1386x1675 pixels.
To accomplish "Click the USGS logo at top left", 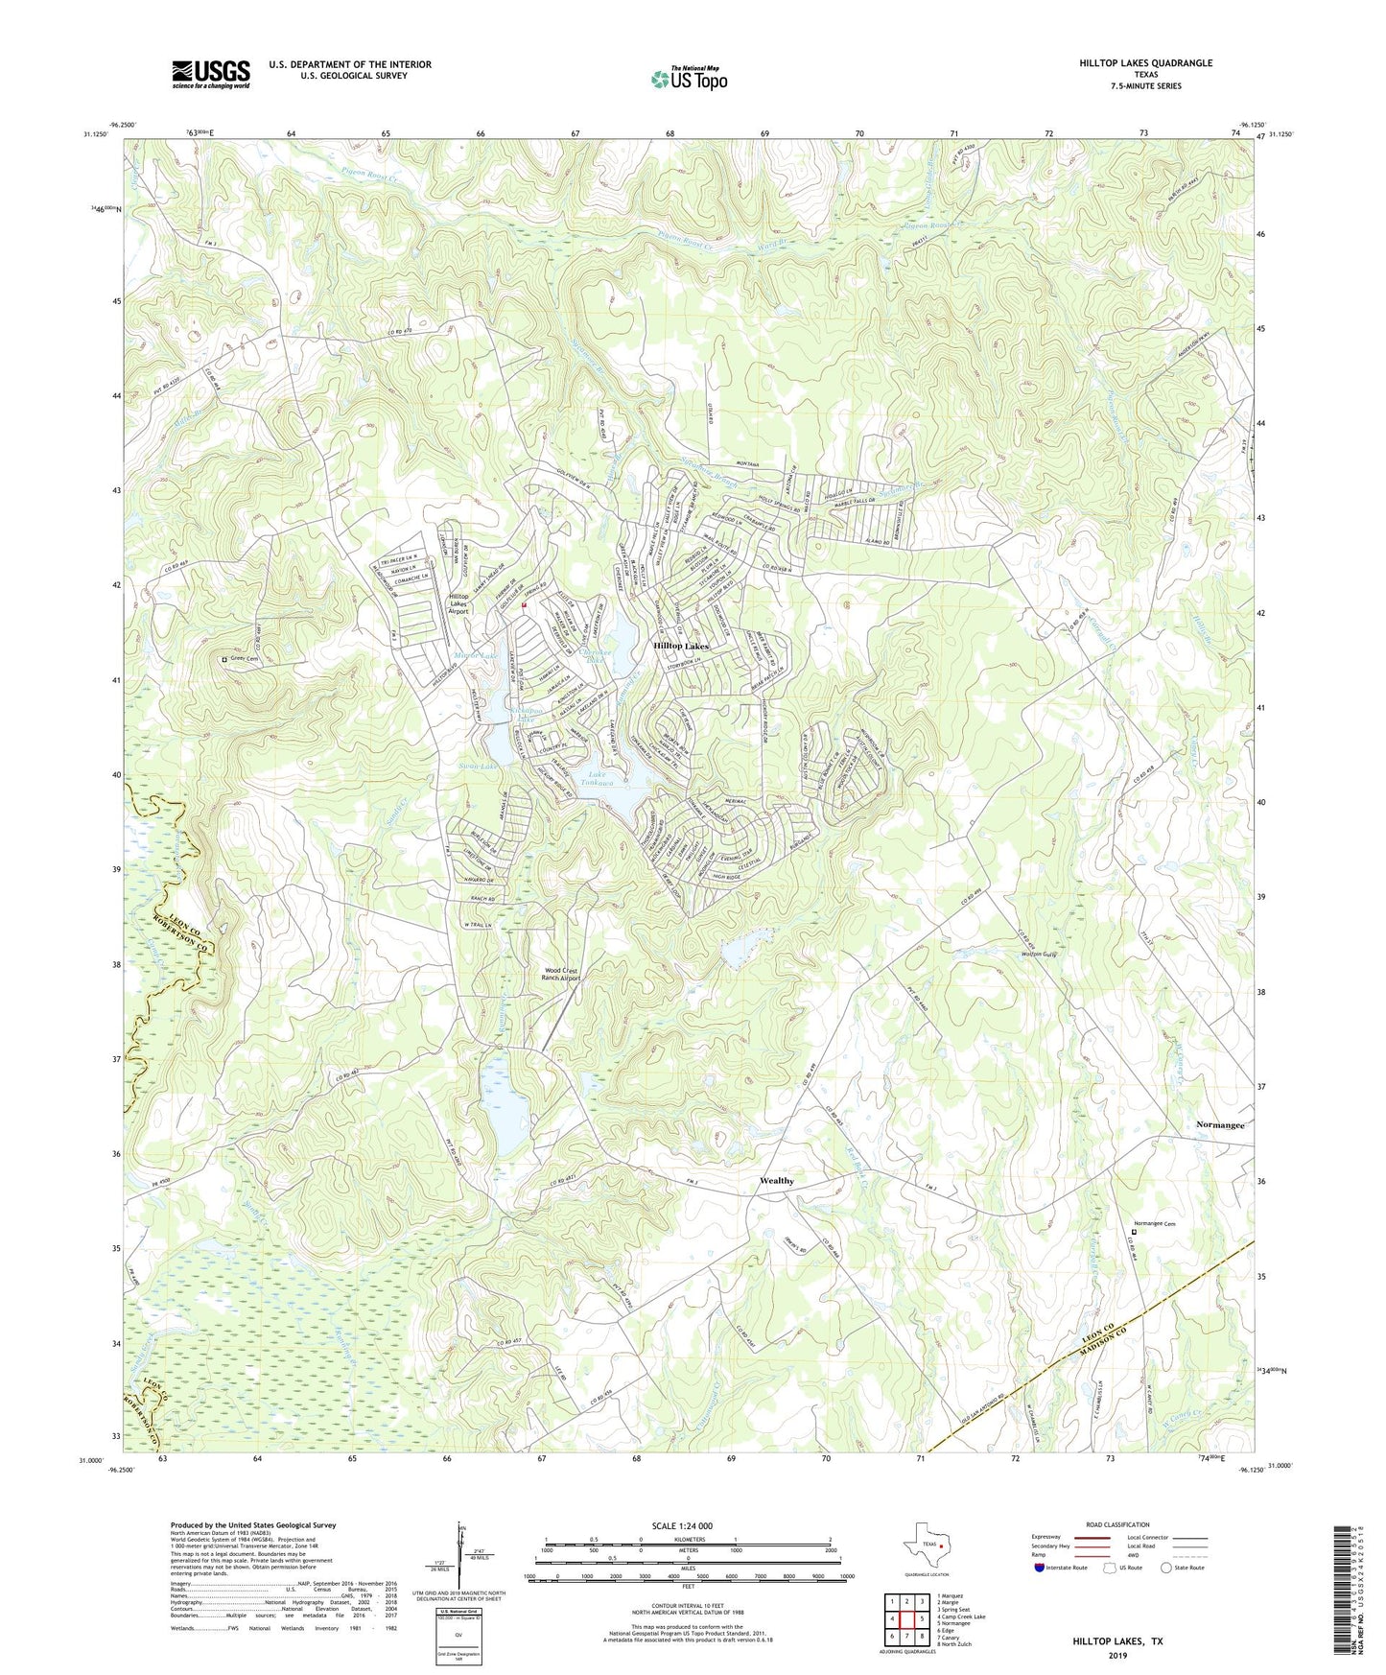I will [211, 74].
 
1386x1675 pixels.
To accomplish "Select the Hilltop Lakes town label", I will [680, 647].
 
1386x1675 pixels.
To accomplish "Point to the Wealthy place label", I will [776, 1181].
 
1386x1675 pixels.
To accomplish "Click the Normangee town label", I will [1219, 1124].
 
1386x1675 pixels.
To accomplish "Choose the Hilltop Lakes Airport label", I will [459, 603].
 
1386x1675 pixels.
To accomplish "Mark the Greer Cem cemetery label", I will [247, 659].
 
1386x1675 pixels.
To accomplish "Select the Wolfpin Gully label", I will [1037, 955].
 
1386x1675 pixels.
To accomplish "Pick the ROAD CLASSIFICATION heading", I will [1117, 1524].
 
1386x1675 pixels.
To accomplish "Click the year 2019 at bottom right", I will [1117, 1655].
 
